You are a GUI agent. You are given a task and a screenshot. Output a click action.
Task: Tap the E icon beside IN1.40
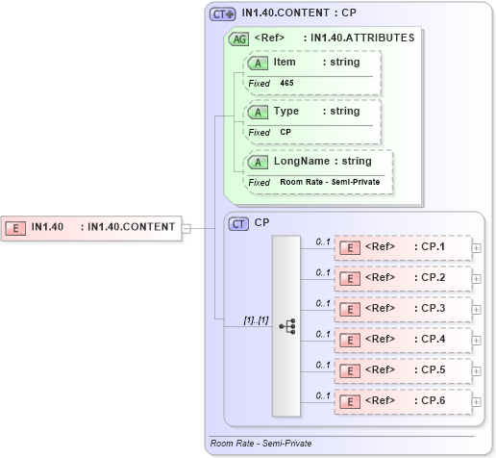[x=16, y=228]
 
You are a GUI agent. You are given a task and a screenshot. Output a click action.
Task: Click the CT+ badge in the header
[x=223, y=13]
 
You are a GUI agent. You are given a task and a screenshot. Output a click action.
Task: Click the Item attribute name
[x=285, y=62]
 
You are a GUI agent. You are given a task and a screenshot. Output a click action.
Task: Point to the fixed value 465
[x=287, y=83]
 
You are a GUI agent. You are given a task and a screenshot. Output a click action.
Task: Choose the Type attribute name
[x=286, y=111]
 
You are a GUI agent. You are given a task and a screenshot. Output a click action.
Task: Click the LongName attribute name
[x=302, y=161]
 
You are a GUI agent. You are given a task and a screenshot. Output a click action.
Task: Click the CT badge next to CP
[x=239, y=222]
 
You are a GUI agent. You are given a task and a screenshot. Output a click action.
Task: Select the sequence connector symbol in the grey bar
[x=286, y=326]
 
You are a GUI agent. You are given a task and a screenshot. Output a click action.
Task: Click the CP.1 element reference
[x=403, y=247]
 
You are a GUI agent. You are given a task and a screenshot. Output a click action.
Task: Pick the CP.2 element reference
[x=403, y=278]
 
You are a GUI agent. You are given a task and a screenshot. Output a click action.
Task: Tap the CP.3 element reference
[x=403, y=309]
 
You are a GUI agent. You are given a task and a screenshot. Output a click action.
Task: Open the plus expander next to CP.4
[x=477, y=340]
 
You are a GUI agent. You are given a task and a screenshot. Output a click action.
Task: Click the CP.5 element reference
[x=403, y=370]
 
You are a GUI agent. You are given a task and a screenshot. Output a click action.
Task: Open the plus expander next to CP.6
[x=477, y=401]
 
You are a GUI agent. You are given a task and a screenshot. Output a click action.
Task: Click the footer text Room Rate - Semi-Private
[x=260, y=444]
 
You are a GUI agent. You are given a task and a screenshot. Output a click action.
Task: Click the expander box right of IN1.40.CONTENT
[x=186, y=228]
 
